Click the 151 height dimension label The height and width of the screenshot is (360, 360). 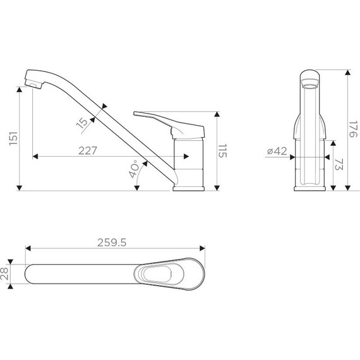[x=13, y=138]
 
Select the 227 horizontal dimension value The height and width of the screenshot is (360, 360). [x=88, y=150]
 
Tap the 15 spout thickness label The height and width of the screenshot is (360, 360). [x=82, y=123]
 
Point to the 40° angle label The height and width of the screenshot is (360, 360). [x=135, y=169]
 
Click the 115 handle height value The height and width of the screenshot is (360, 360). [x=222, y=151]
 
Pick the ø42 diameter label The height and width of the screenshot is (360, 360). [x=277, y=151]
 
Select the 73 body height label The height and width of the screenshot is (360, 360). [x=339, y=164]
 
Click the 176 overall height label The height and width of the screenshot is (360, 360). [x=353, y=129]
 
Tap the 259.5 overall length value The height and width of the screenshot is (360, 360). [x=112, y=243]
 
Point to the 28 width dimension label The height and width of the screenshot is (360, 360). [x=4, y=273]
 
